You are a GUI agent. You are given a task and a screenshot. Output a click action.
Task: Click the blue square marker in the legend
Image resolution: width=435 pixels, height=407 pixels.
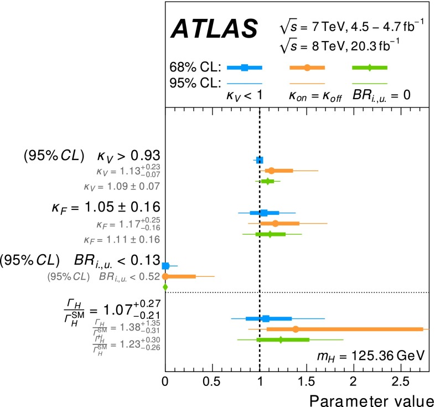coord(245,68)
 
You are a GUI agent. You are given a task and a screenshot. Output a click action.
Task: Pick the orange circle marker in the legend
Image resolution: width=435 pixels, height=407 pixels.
coord(307,68)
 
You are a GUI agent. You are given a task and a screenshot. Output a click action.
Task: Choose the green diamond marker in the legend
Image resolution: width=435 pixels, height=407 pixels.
coord(370,68)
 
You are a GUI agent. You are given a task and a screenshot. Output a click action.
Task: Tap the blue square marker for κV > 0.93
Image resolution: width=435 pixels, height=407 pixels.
coord(260,160)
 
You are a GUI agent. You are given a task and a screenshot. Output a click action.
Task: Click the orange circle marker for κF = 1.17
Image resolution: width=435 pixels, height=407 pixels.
coord(275,223)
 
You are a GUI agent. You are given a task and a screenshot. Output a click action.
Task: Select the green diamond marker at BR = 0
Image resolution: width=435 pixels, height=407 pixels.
coord(165,287)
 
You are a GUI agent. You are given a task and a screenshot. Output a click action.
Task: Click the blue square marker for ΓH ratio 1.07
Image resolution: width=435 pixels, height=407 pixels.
coord(266,318)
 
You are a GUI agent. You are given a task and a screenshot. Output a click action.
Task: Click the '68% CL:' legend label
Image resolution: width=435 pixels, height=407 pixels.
coord(195,68)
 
